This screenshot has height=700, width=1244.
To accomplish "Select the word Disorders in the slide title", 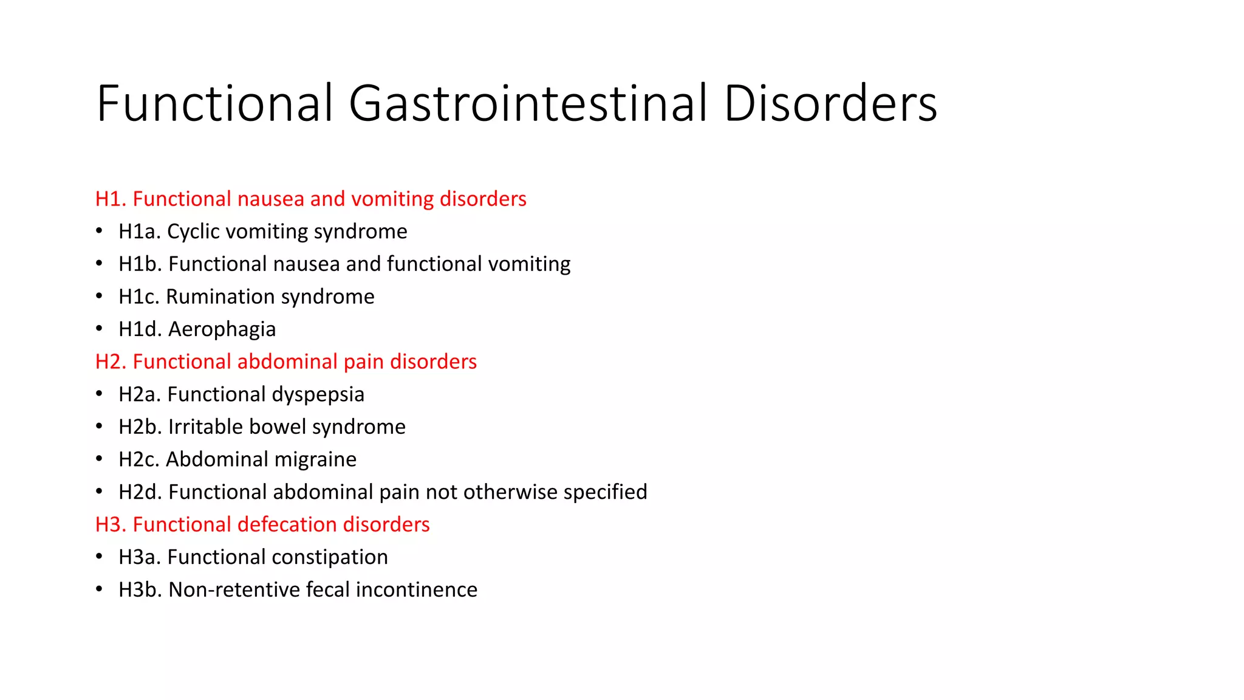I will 830,103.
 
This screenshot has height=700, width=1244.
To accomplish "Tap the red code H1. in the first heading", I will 111,199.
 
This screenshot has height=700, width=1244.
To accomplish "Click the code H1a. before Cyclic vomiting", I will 139,232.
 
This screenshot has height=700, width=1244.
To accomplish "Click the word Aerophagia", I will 222,329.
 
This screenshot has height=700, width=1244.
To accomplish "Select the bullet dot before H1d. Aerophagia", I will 99,329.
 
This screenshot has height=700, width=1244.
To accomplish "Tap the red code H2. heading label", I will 111,362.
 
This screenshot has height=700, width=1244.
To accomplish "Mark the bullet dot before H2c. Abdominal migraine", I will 99,459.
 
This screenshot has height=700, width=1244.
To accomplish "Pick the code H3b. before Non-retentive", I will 140,590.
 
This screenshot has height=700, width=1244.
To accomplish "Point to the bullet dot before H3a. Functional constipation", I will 99,557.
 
